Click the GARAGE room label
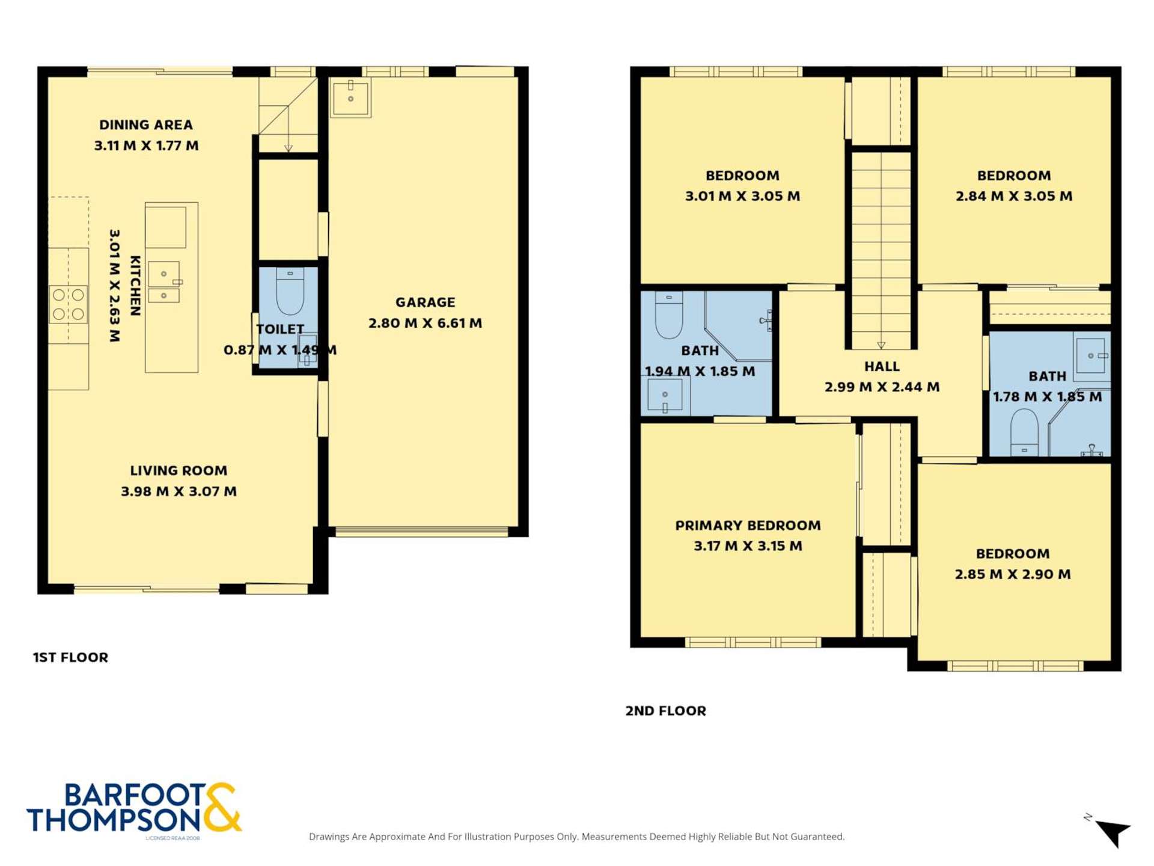tap(425, 302)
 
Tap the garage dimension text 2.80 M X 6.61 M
tap(425, 324)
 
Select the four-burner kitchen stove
tap(69, 304)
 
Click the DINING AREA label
tap(146, 125)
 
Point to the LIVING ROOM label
tap(179, 471)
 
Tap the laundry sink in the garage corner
tap(350, 96)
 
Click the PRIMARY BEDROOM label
tap(748, 526)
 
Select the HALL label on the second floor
tap(882, 367)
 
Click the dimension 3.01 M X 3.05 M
tap(742, 196)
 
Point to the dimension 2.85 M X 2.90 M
tap(1013, 574)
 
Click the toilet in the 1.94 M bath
tap(668, 316)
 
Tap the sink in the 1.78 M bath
tap(1090, 356)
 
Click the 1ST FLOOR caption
tap(70, 657)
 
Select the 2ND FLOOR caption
tap(665, 711)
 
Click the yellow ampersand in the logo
tap(222, 808)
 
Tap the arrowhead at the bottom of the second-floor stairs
tap(881, 345)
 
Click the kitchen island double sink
tap(163, 282)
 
